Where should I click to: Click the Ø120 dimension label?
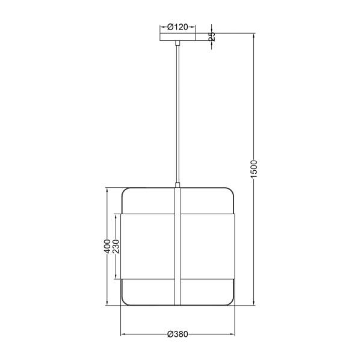[x=177, y=27]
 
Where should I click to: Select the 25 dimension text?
[x=212, y=36]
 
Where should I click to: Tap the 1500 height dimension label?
[x=253, y=169]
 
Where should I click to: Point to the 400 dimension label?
[x=107, y=246]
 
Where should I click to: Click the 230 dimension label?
[x=116, y=246]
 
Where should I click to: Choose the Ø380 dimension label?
[x=177, y=334]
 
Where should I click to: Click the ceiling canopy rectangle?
[x=177, y=37]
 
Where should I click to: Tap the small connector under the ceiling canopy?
[x=177, y=43]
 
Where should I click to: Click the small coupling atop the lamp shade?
[x=177, y=185]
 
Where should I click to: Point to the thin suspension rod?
[x=177, y=114]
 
